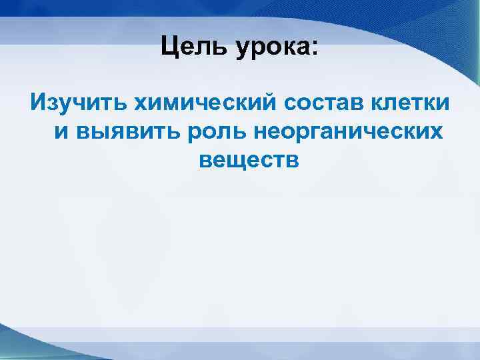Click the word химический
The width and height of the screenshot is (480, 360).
coord(204,104)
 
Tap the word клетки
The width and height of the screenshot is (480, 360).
coord(413,104)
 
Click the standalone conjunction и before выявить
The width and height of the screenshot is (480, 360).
coord(61,132)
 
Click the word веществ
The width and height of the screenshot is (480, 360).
coord(249,160)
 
